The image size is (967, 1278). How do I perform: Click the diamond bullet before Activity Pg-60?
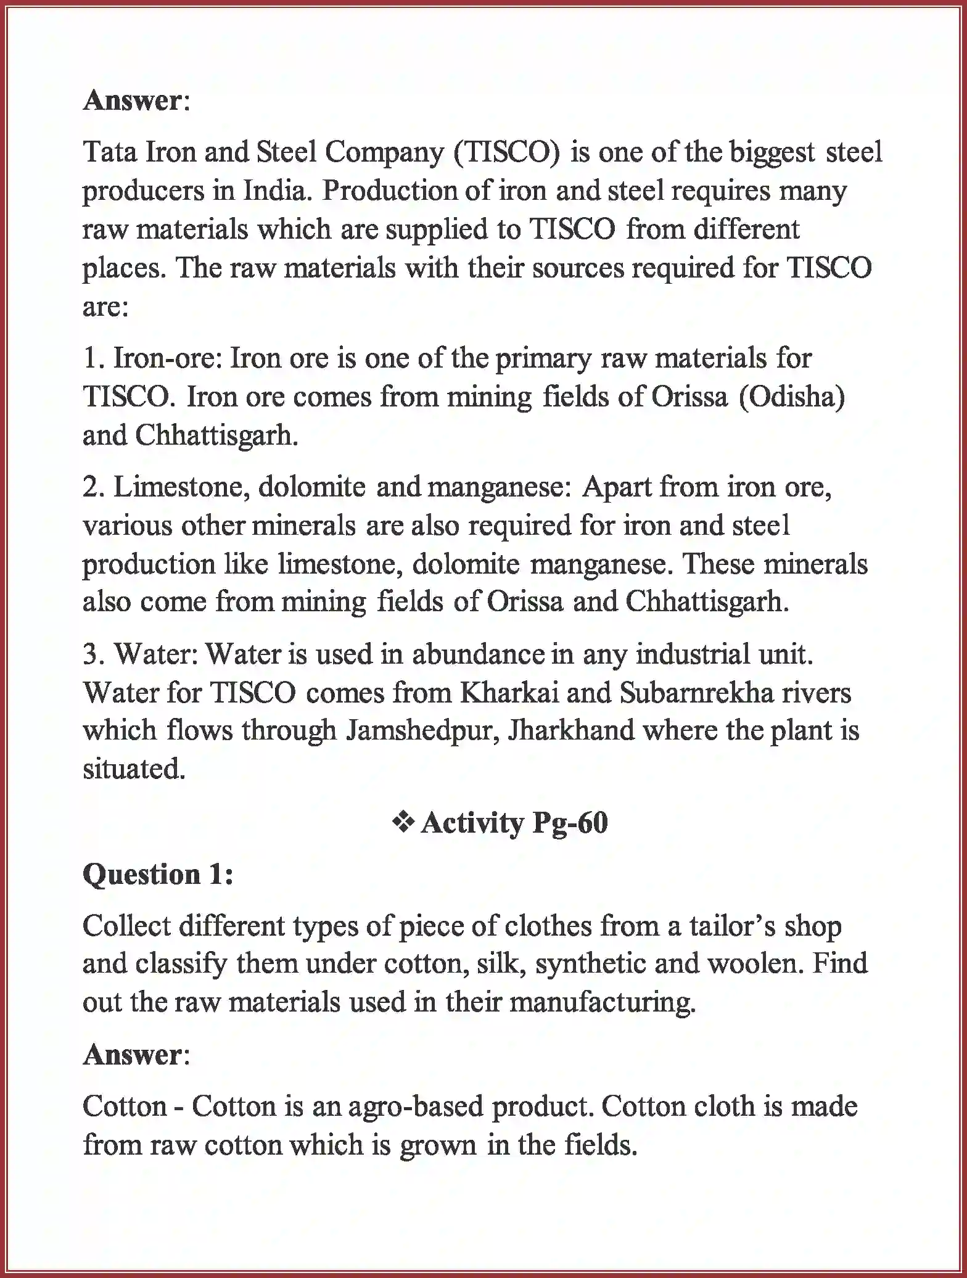[403, 823]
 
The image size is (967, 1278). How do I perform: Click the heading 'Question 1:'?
[158, 875]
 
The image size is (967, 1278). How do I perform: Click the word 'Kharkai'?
[509, 693]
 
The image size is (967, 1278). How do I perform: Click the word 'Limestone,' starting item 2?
[181, 488]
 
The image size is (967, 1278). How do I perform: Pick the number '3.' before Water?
[94, 655]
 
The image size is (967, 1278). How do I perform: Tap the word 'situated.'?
[134, 769]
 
